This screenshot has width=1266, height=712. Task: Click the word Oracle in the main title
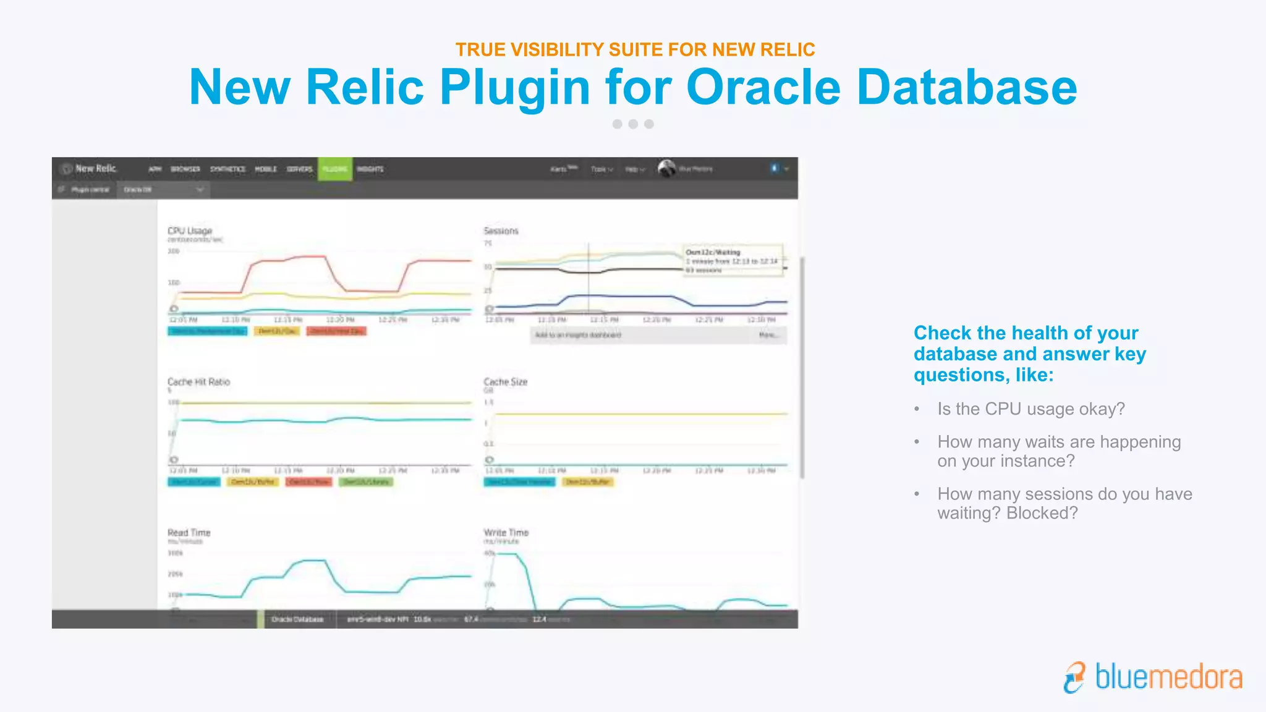[763, 87]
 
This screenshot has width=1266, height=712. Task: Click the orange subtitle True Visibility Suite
[635, 49]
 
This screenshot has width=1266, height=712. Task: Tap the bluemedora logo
[1153, 677]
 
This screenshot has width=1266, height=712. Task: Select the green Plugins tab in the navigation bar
[335, 169]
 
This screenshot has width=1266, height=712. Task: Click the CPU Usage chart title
[190, 231]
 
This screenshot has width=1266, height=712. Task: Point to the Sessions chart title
[501, 231]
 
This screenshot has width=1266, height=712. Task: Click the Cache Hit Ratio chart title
[198, 382]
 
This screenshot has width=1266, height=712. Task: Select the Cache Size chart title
[505, 382]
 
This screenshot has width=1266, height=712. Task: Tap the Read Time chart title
[189, 533]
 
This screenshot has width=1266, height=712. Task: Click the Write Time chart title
[506, 533]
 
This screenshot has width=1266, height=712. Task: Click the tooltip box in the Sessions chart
[733, 260]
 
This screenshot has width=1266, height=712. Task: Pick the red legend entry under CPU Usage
[337, 331]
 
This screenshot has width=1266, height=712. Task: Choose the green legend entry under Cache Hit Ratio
[366, 481]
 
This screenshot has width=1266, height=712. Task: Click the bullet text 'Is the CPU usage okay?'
[1030, 409]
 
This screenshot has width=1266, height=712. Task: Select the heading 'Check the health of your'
[1026, 333]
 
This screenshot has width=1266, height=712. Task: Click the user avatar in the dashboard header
[666, 168]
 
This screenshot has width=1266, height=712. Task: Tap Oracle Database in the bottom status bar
[297, 619]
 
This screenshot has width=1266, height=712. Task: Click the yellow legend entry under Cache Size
[588, 481]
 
